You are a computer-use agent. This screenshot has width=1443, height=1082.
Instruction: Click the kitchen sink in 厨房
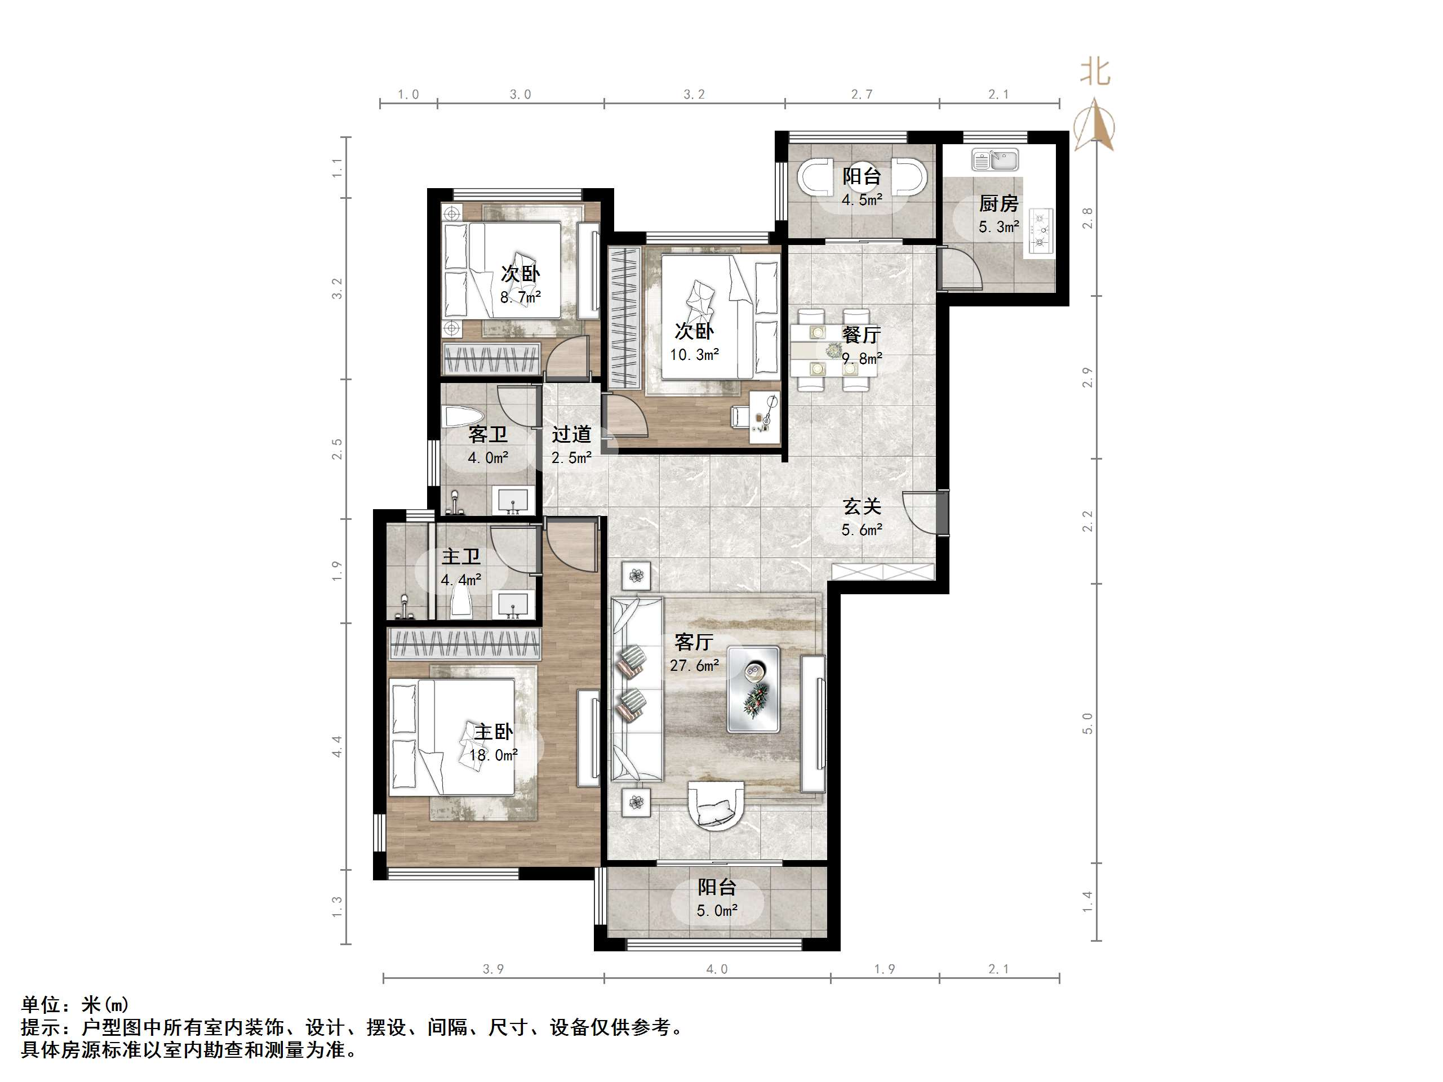point(995,159)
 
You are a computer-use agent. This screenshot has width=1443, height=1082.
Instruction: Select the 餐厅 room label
point(861,335)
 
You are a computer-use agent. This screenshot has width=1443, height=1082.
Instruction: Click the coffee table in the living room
point(753,689)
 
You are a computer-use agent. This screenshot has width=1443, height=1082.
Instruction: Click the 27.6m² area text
point(694,666)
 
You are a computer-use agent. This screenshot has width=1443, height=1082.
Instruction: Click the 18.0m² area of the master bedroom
point(493,755)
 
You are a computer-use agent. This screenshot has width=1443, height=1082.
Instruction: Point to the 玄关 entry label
point(862,506)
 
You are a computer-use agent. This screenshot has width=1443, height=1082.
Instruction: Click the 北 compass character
point(1095,72)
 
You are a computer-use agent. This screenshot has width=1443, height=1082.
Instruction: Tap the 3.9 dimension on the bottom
point(493,969)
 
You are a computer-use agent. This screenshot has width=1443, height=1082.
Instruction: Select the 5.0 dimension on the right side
point(1087,723)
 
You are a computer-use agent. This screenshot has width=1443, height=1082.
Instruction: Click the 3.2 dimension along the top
point(694,95)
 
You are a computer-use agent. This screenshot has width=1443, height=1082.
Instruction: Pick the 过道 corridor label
point(571,434)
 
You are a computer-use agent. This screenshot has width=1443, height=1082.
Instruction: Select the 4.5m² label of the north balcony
point(862,200)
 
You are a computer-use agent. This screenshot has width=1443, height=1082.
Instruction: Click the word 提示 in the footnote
point(41,1028)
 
